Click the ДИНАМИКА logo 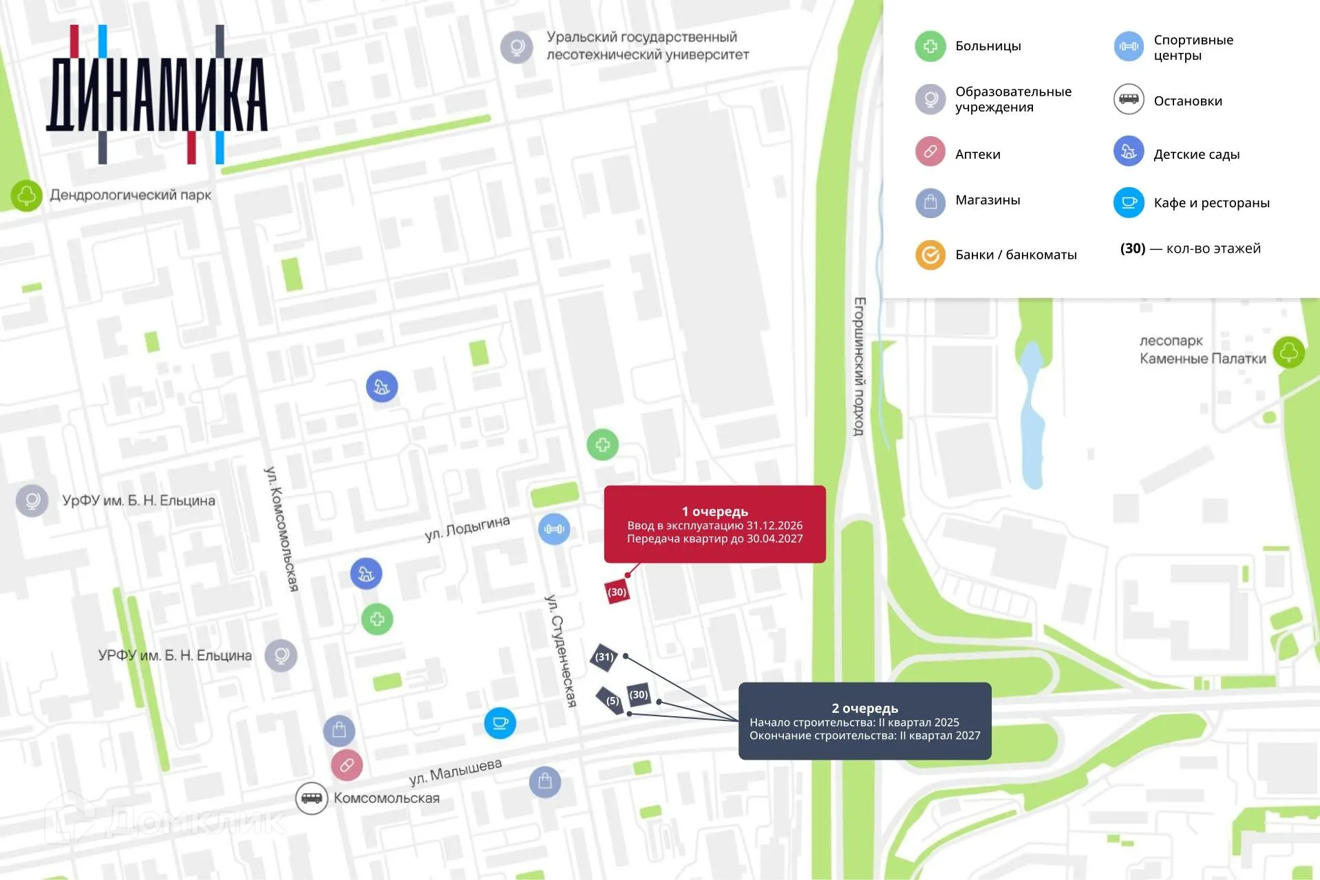coord(157,95)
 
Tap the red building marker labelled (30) coord(617,592)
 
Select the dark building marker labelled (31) coord(604,656)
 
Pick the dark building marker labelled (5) coord(611,700)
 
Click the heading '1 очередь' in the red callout coord(714,511)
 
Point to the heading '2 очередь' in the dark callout coord(864,708)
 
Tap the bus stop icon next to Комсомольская coord(311,798)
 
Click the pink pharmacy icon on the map coord(347,764)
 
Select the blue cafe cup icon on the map coord(500,723)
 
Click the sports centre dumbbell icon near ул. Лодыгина coord(554,529)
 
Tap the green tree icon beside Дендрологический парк coord(26,195)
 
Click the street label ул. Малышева coord(456,772)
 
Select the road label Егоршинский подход coord(859,366)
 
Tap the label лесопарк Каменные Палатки coord(1202,350)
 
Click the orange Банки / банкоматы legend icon coord(930,255)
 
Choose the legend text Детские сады coord(1196,154)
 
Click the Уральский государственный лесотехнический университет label coord(647,45)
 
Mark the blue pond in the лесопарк coord(1031,413)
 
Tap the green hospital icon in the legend coord(930,46)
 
